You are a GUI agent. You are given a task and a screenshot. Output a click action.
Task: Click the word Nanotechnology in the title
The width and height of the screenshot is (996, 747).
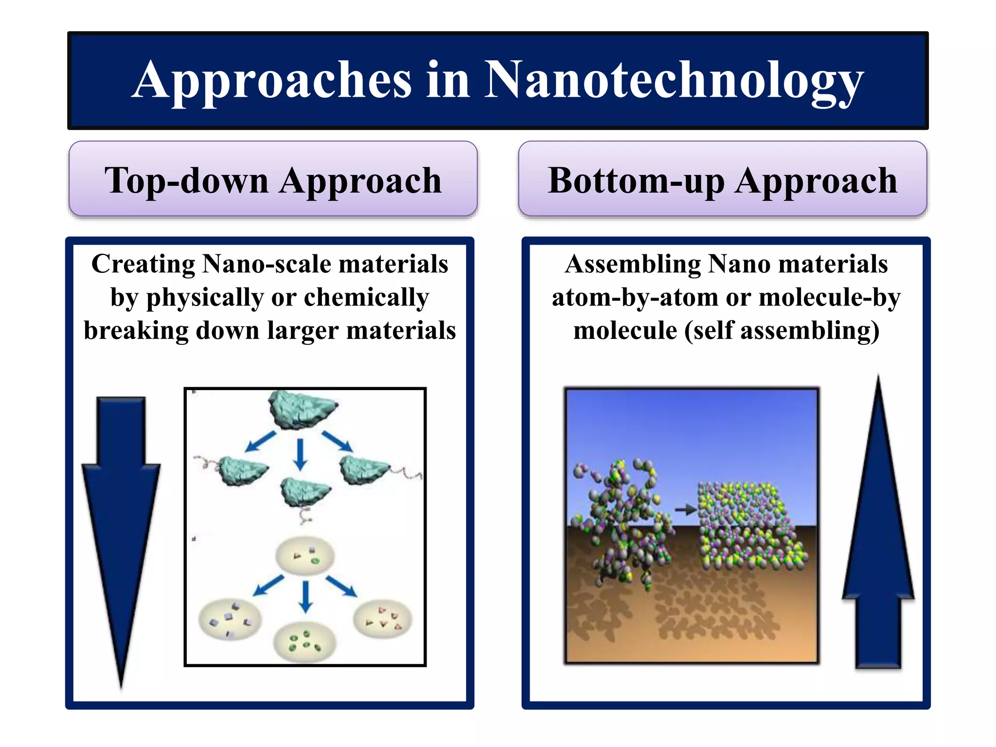674,80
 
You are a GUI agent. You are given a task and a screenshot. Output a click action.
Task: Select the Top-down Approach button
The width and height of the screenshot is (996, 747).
273,179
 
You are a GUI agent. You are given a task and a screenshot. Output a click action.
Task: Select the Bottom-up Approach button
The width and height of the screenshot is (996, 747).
722,179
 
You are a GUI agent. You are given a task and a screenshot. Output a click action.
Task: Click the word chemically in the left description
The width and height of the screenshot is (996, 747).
366,297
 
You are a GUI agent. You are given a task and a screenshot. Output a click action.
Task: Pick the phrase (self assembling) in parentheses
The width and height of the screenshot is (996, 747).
782,331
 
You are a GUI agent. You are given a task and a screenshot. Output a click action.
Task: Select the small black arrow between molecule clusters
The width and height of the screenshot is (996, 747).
686,510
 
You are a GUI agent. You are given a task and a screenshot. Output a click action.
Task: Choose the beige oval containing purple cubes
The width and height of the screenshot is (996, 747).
230,620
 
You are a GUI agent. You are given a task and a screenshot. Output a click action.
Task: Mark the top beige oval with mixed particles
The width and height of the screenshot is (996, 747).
305,556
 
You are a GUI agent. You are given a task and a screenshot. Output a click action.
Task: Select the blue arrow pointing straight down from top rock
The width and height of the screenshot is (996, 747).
300,454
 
